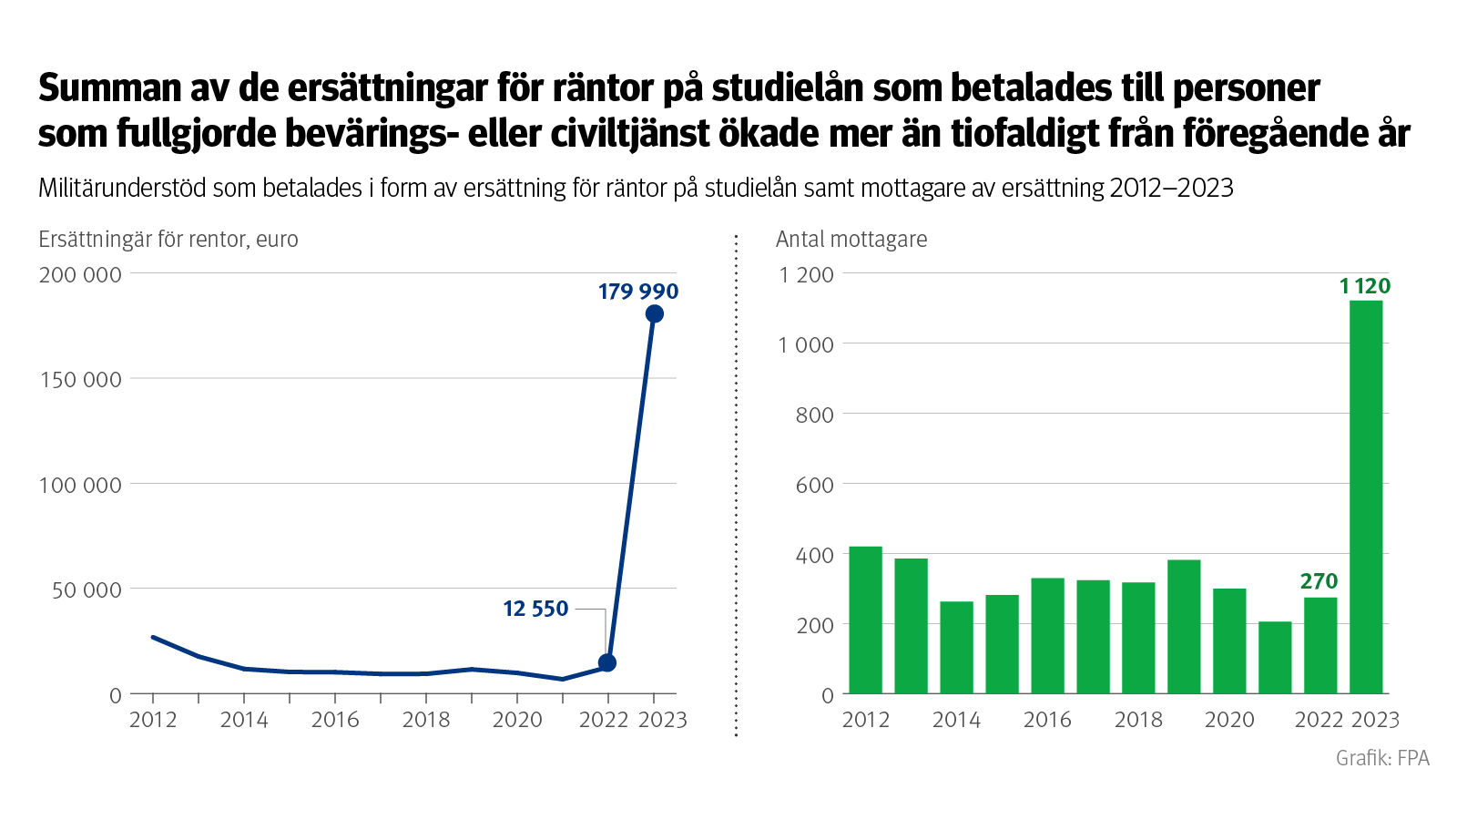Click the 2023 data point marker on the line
pos(654,314)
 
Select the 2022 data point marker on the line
pos(607,663)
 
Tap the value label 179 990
pos(638,292)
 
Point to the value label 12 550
pos(535,609)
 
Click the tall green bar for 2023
pos(1366,497)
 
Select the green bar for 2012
pos(865,620)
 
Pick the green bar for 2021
pos(1275,658)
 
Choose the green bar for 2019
pos(1184,627)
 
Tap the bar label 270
pos(1319,581)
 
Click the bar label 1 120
pos(1365,286)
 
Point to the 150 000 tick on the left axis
pos(81,379)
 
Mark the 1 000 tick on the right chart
pos(806,344)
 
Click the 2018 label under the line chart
pos(426,720)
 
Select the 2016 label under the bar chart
pos(1047,720)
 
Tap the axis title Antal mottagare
pos(851,239)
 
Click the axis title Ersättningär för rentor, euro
pos(168,239)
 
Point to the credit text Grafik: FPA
pos(1382,758)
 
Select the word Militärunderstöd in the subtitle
pos(122,188)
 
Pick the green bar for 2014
pos(956,648)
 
